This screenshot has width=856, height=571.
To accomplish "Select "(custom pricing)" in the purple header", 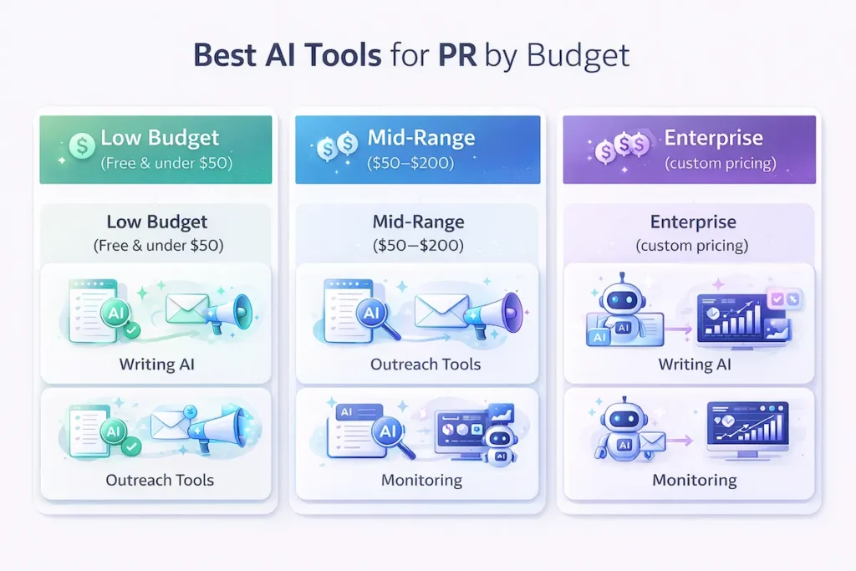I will pos(720,163).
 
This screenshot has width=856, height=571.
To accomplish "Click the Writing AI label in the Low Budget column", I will pos(156,364).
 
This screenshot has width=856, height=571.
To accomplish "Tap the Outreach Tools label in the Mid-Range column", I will pos(425,364).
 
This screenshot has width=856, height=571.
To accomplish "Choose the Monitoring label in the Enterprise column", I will pos(694,480).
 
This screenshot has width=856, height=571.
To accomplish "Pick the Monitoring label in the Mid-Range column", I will pos(421,480).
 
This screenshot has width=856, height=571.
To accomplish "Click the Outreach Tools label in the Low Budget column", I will pos(160,480).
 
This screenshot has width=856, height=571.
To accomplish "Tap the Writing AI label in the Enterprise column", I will pos(694,364).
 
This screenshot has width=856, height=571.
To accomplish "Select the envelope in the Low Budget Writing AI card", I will pos(187,310).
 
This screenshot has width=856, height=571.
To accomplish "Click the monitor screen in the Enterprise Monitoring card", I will pos(746,427).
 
